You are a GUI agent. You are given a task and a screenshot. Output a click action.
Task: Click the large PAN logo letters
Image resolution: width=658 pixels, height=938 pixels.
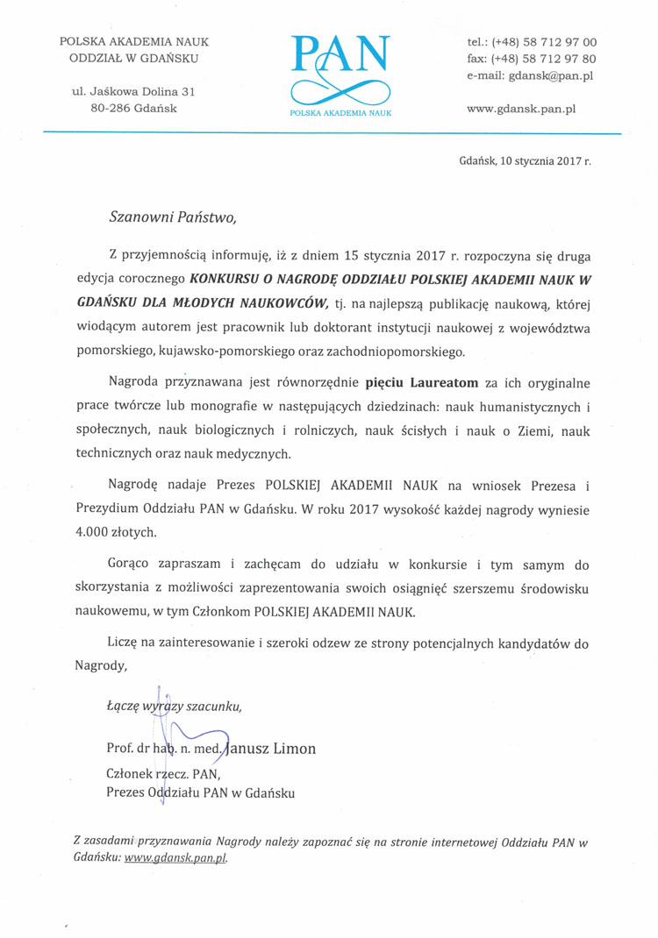(x=340, y=56)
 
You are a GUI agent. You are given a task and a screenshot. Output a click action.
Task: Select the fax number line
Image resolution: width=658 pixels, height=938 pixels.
(x=532, y=60)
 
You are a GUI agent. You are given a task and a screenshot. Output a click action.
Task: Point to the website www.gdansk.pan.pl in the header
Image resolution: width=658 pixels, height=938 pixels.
(x=521, y=109)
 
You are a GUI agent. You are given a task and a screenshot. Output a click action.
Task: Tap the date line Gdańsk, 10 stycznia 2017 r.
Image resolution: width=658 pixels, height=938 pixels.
(x=525, y=161)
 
